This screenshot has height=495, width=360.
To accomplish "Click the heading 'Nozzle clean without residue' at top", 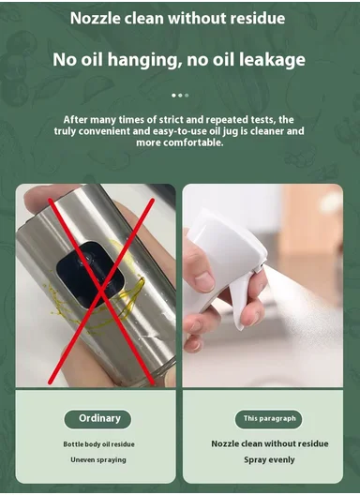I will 178,19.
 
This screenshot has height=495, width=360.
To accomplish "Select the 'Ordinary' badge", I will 97,418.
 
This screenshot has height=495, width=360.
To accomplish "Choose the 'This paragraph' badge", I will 268,418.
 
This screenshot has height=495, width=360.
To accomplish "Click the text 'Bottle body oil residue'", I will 98,442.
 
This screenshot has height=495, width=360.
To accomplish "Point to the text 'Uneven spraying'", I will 98,459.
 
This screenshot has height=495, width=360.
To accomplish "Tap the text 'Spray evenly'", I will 268,459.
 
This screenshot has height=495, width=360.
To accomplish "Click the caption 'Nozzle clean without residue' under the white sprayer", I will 268,442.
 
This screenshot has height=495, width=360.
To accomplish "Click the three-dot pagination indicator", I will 180,95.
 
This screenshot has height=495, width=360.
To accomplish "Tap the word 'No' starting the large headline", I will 65,60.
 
